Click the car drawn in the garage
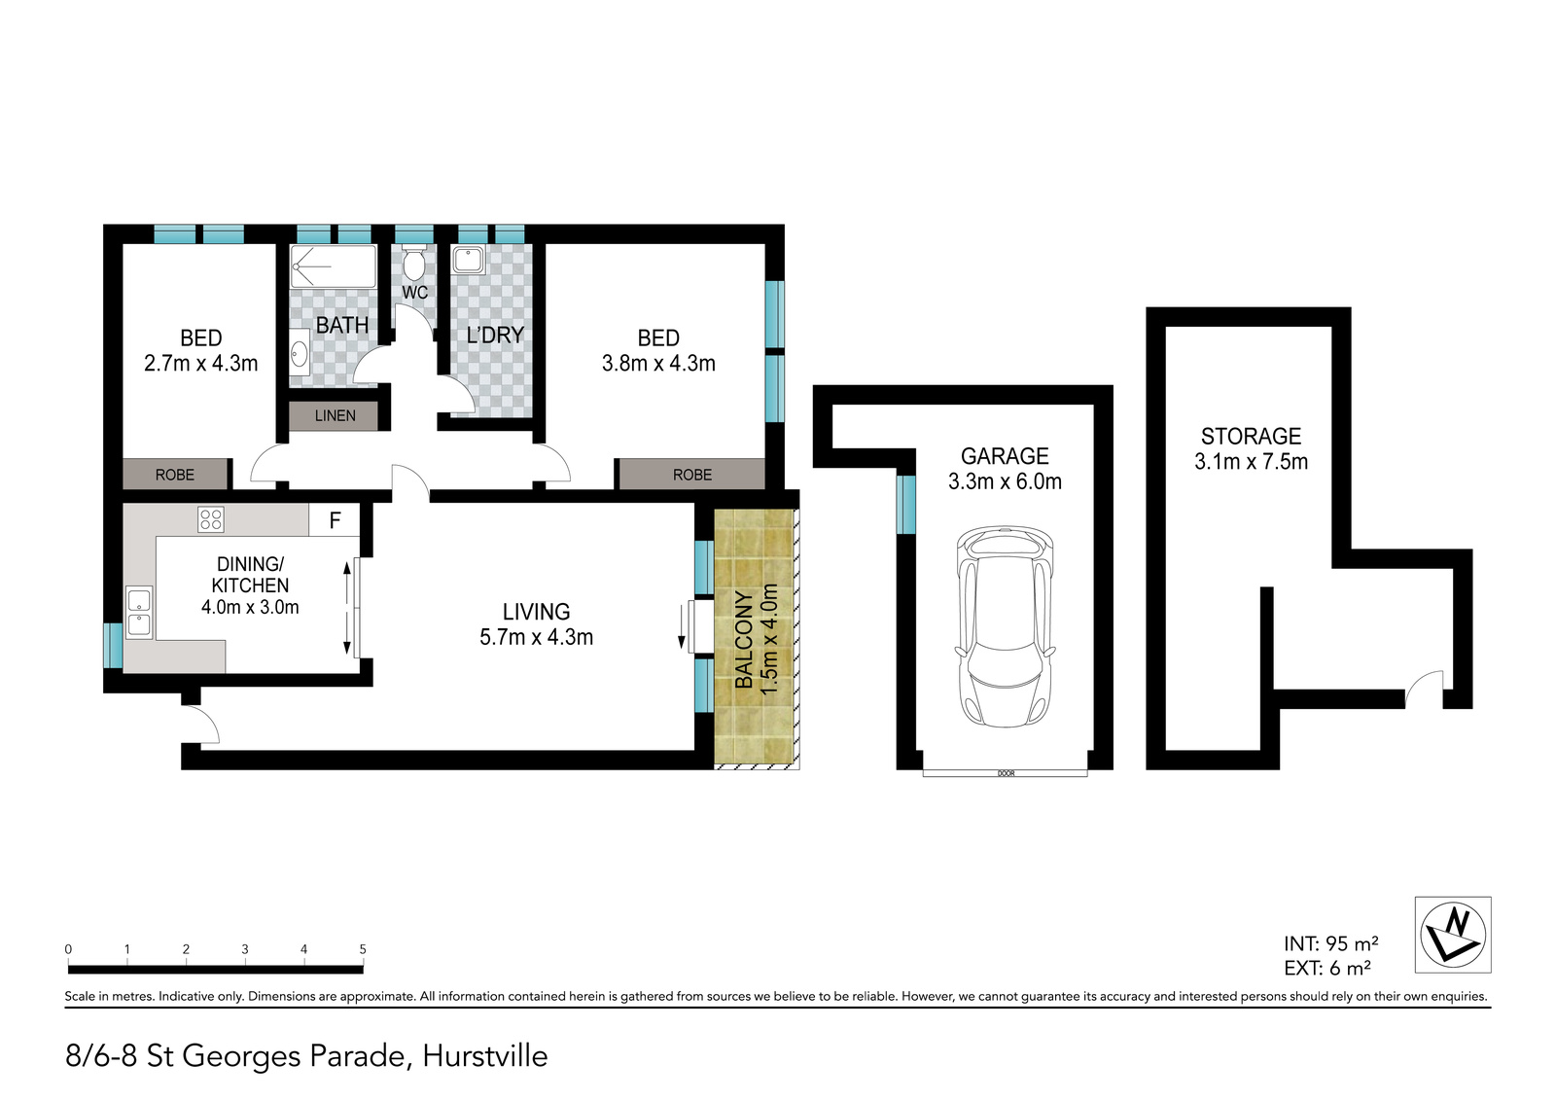[1006, 626]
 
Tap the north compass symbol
[1453, 934]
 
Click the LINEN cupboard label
[335, 415]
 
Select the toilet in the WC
[414, 262]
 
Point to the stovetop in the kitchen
[210, 519]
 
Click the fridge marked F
[335, 519]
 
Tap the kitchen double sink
[139, 612]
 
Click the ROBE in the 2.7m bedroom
[175, 475]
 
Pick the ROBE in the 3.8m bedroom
[692, 475]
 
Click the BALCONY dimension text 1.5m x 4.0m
[768, 639]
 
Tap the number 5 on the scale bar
[363, 948]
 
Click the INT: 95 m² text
[1331, 943]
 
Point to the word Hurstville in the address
[485, 1056]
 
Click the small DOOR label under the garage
[1006, 773]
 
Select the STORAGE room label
[1251, 436]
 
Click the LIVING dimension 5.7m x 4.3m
[536, 636]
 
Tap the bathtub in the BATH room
[334, 266]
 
